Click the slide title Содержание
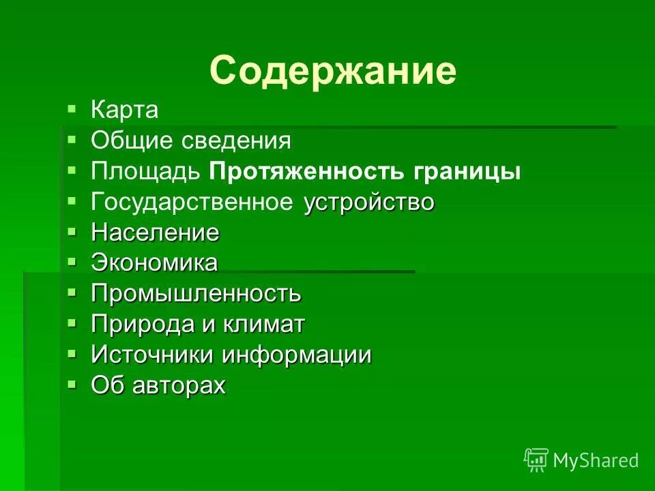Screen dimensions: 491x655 point(332,70)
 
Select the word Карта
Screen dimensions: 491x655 point(125,110)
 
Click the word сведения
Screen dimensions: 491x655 point(236,141)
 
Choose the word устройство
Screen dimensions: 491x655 point(369,203)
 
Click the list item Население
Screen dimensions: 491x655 point(155,233)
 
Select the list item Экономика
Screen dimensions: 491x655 point(154,263)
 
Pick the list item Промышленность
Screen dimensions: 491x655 point(196,294)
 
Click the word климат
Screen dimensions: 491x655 point(263,325)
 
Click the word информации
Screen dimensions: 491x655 point(297,355)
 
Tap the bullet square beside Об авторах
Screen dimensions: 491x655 point(72,384)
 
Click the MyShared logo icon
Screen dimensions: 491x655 point(536,460)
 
